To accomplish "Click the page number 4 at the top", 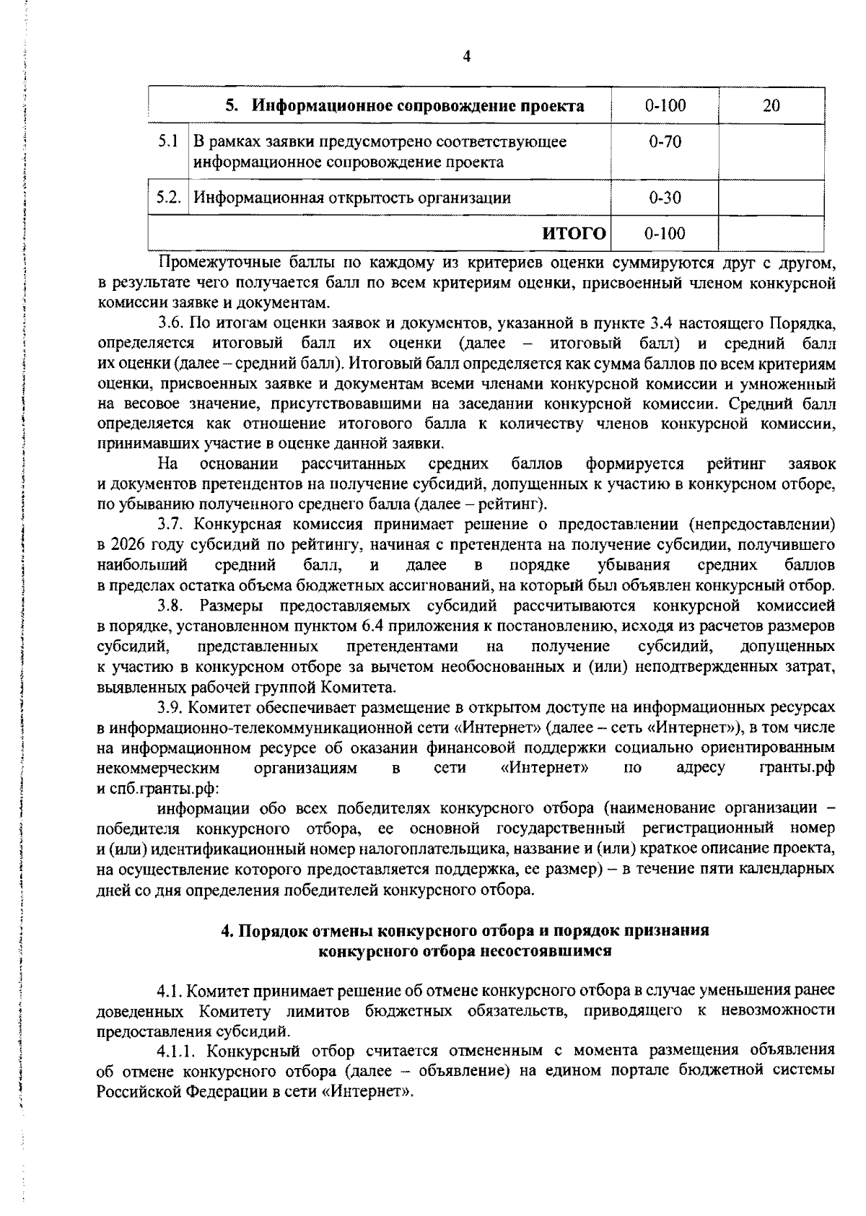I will pyautogui.click(x=466, y=56).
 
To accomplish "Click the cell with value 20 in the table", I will pyautogui.click(x=771, y=106).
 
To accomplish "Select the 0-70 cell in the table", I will pyautogui.click(x=665, y=141).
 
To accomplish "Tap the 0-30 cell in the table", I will pyautogui.click(x=665, y=198).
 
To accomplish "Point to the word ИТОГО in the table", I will pyautogui.click(x=574, y=232).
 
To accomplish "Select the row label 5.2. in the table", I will pyautogui.click(x=168, y=197).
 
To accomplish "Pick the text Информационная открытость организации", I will pyautogui.click(x=352, y=198).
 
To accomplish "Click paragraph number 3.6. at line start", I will pyautogui.click(x=173, y=322).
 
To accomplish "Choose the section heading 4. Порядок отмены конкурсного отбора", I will pyautogui.click(x=465, y=931).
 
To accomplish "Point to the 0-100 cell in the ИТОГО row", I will pyautogui.click(x=665, y=233).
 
